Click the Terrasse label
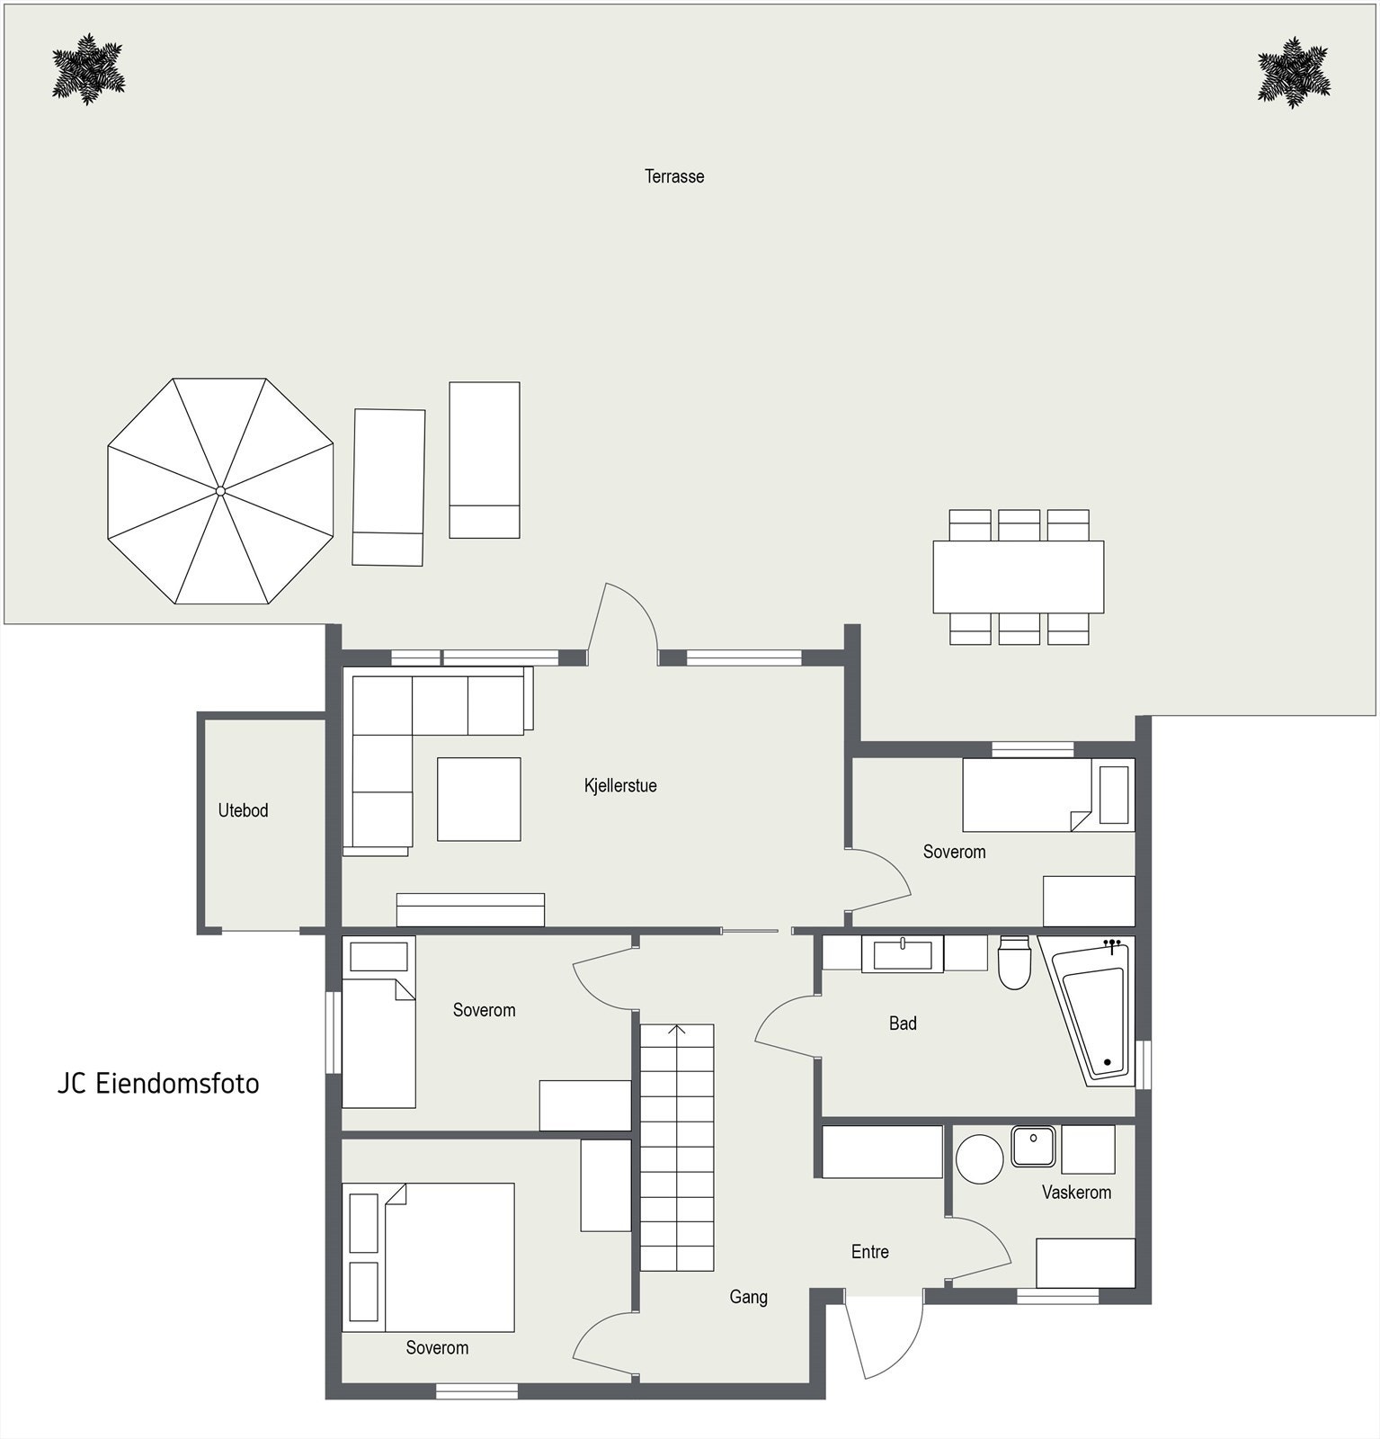(x=674, y=176)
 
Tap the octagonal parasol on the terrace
(x=220, y=491)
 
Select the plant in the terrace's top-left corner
(x=87, y=69)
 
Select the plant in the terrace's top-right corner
(x=1294, y=73)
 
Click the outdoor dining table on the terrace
(x=1018, y=576)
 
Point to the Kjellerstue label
(x=620, y=785)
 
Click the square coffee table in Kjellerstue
(x=478, y=799)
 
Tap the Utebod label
(x=243, y=810)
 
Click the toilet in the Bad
(x=1014, y=963)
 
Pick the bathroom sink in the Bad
(x=903, y=953)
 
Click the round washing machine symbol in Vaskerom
(x=979, y=1158)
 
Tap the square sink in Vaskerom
(x=1034, y=1146)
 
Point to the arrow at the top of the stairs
(x=677, y=1030)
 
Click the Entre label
(x=869, y=1252)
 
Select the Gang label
(x=748, y=1297)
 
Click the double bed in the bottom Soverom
(x=450, y=1257)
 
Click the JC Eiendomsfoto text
(x=158, y=1084)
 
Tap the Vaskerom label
(x=1076, y=1193)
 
